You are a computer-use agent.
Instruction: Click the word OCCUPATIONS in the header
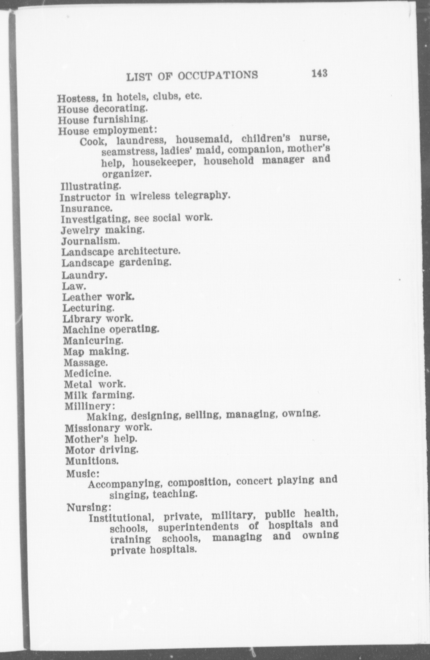point(218,76)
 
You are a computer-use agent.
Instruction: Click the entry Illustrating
point(91,186)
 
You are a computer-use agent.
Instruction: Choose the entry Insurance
point(87,208)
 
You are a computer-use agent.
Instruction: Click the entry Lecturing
point(88,308)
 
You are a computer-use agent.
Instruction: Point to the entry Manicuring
point(93,340)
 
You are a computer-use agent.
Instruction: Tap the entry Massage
point(86,363)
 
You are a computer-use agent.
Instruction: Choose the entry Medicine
point(87,374)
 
